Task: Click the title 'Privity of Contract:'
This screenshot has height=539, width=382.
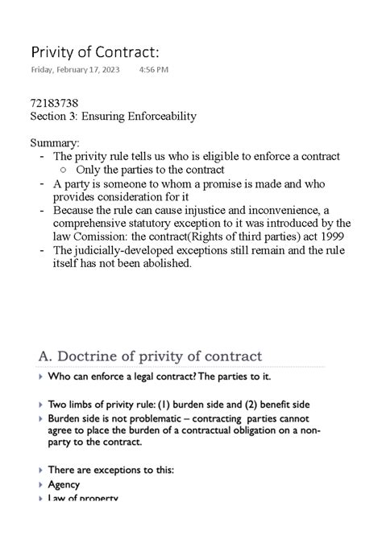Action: pyautogui.click(x=94, y=52)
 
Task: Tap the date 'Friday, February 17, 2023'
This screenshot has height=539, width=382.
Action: pyautogui.click(x=75, y=70)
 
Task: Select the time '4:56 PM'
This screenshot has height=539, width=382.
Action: pyautogui.click(x=154, y=70)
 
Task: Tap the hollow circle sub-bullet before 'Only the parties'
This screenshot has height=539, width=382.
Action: pyautogui.click(x=64, y=170)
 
